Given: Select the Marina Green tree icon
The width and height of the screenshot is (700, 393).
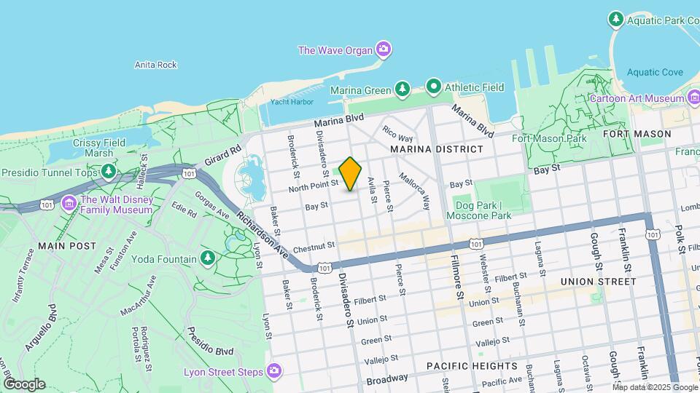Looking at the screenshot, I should point(402,88).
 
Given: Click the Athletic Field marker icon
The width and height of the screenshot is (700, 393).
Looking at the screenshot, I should point(434,87).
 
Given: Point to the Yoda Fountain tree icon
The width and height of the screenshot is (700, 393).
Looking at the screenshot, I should point(208,258).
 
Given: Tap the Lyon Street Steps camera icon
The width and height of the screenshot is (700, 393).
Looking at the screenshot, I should point(274,372).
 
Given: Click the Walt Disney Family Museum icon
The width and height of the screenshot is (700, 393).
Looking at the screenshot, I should point(70,201).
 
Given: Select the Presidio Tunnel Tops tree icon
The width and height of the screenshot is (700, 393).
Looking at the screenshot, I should point(109,171).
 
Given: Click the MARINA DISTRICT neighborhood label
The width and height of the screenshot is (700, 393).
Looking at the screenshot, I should point(436,149).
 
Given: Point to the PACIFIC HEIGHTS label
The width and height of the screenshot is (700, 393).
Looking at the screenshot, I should point(472,366).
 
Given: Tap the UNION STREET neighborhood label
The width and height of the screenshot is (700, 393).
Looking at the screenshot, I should point(599,281).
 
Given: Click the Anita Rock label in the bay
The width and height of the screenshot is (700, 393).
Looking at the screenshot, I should point(156,65).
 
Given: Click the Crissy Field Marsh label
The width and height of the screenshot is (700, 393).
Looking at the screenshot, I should point(93,148).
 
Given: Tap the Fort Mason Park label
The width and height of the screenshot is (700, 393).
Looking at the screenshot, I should point(559,138).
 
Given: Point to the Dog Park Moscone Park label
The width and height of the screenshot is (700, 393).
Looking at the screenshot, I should point(481,211).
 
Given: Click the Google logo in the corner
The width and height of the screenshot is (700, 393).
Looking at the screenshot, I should point(24,384).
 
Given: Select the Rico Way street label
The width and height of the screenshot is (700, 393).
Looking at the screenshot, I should point(398,135).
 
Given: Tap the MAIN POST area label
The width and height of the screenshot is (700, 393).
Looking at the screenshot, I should point(67,246).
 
